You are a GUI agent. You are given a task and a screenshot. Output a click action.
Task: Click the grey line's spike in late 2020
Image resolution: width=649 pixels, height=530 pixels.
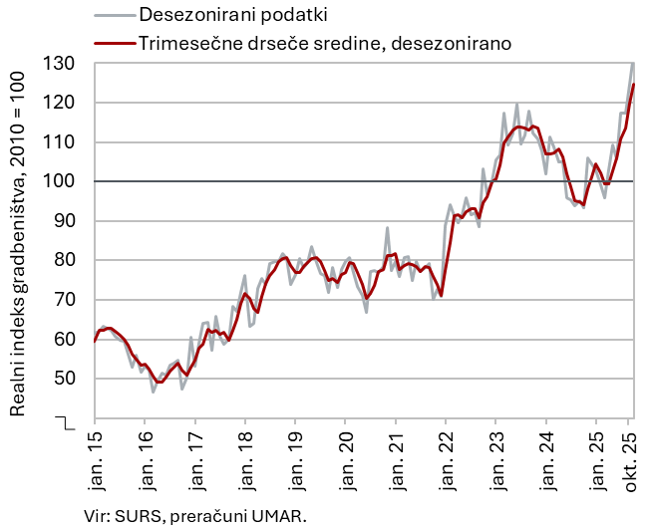[x=387, y=228]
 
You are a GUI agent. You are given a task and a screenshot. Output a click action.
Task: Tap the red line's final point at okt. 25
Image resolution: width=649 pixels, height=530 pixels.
[x=634, y=85]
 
